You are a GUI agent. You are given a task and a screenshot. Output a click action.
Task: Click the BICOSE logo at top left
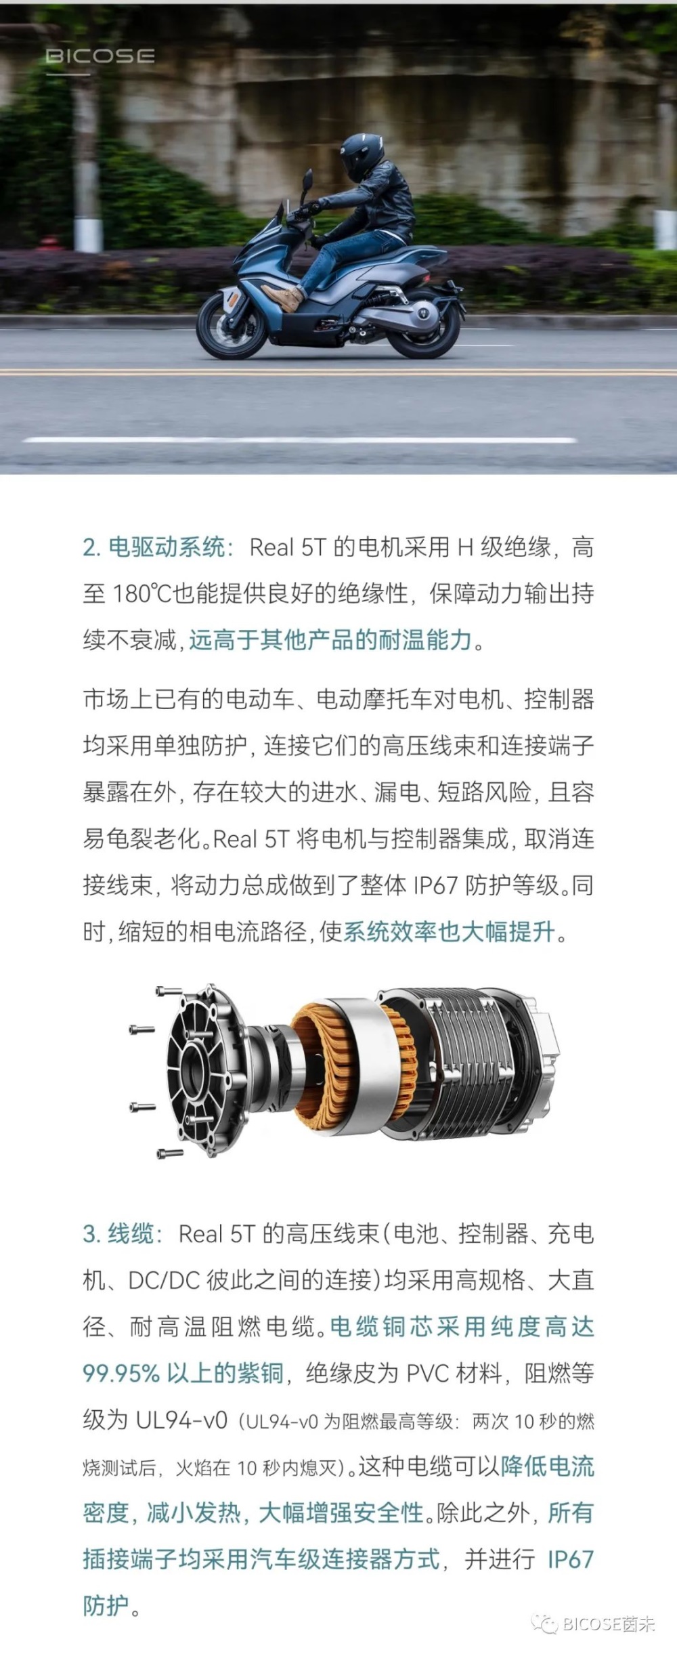[x=100, y=56]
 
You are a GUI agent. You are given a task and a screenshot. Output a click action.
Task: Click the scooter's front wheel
[x=230, y=326]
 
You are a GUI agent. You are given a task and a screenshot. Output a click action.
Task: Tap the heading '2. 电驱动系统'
[x=153, y=547]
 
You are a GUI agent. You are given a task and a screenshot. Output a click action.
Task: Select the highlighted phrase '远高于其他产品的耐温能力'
[x=330, y=639]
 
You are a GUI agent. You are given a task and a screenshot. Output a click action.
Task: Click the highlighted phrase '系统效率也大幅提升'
[x=449, y=932]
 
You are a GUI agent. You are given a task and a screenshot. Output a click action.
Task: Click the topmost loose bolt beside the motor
[x=169, y=992]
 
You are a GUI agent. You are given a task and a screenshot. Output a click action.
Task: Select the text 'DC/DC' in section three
[x=164, y=1280]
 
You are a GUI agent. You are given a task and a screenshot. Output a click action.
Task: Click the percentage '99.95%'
[x=121, y=1373]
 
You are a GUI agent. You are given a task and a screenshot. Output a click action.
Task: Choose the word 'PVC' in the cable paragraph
[x=428, y=1373]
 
